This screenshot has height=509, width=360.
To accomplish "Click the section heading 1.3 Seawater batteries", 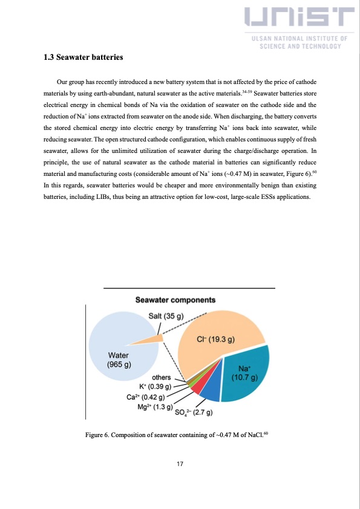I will click(x=83, y=57).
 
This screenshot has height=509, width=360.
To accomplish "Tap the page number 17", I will click(x=180, y=464).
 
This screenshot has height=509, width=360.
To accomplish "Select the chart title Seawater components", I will click(x=175, y=300).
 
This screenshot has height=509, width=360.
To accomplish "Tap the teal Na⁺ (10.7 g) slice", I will click(x=244, y=375).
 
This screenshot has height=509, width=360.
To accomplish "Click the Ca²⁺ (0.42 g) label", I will click(x=146, y=397).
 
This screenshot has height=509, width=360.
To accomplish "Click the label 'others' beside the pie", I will click(x=161, y=377).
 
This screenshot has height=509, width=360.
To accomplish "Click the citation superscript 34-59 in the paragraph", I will click(x=247, y=91).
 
